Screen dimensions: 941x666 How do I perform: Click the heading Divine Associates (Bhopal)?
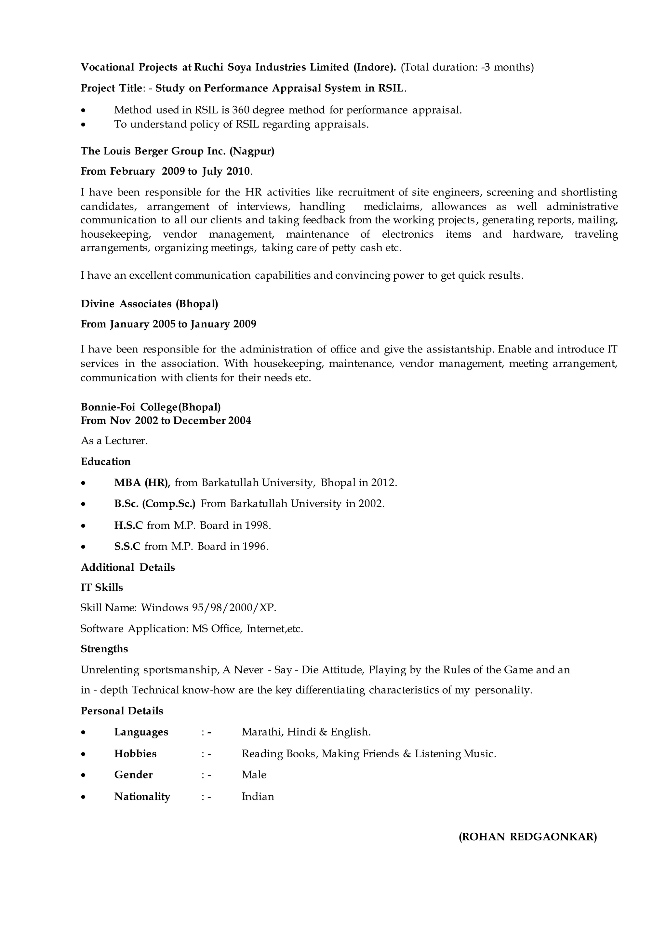click(x=149, y=304)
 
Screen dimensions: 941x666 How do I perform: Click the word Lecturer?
click(x=126, y=441)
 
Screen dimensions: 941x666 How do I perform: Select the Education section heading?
click(x=105, y=462)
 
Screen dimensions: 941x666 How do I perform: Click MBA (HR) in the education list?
click(x=142, y=483)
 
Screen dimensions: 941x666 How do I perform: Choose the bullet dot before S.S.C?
click(x=84, y=547)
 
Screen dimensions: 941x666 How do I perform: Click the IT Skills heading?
click(x=102, y=588)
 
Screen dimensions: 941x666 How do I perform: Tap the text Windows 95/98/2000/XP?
click(x=208, y=608)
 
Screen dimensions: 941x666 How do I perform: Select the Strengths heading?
click(x=104, y=649)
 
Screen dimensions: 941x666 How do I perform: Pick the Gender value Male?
click(x=254, y=775)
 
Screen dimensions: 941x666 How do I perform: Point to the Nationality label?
click(x=142, y=796)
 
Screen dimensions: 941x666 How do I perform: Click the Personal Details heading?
click(x=122, y=711)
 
